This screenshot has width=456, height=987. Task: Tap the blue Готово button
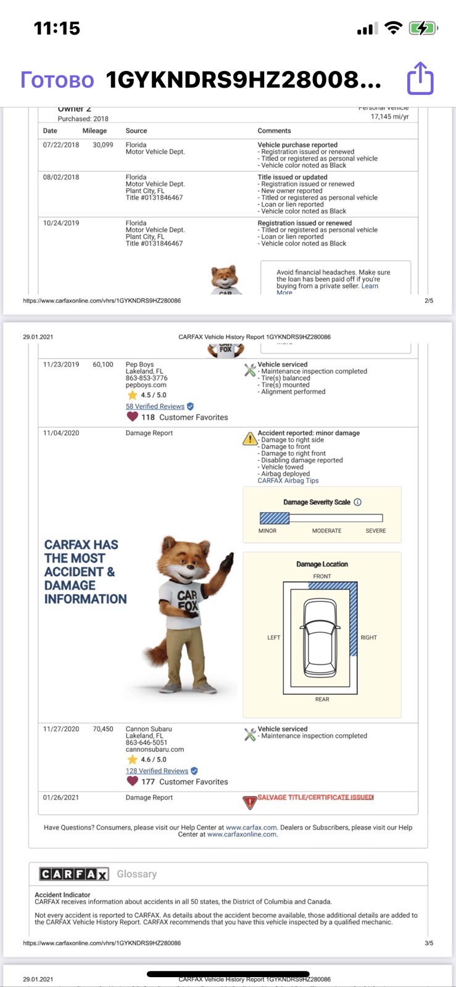coord(57,80)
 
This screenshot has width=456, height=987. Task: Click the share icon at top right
coord(420,78)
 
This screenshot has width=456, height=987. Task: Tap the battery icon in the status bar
coord(423,28)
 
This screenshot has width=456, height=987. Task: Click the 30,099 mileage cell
coord(102,144)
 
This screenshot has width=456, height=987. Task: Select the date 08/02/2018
coord(61,177)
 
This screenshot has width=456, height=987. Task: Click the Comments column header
coord(274,131)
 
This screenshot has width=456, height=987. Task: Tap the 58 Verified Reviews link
coord(155,407)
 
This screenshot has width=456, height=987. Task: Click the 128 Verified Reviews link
coord(157,770)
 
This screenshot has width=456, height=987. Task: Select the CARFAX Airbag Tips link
coord(288,481)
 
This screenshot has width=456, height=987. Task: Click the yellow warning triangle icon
coord(250,439)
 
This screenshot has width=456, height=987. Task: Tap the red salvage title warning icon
coord(250,803)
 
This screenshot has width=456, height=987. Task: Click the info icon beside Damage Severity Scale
coord(358,502)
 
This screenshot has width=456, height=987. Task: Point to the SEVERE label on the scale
coord(375,531)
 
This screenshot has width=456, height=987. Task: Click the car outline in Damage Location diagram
coord(320,638)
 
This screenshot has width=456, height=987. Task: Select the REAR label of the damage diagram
coord(322,700)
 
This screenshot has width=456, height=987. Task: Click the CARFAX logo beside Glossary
coord(73,873)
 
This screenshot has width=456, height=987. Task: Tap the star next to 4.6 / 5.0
coord(132,759)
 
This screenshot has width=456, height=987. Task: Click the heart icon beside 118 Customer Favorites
coord(132,416)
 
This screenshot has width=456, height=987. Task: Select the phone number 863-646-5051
coord(146,743)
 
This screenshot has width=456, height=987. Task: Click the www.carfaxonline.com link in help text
coord(242,834)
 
